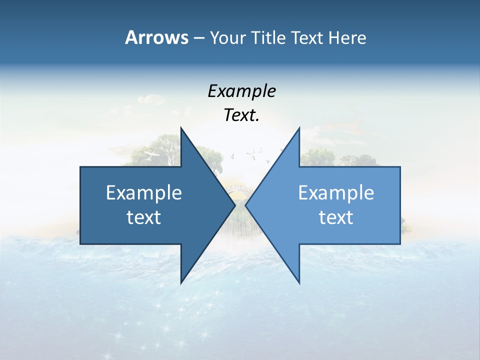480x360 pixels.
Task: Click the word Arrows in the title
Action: tap(156, 37)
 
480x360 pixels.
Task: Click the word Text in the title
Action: tap(307, 38)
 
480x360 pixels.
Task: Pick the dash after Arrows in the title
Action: tap(198, 38)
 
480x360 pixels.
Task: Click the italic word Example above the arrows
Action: tap(241, 91)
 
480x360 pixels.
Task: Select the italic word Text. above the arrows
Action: tap(241, 115)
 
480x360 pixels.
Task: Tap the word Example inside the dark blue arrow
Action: tap(144, 192)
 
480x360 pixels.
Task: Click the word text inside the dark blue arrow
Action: tap(144, 217)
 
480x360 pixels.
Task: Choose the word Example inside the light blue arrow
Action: tap(336, 192)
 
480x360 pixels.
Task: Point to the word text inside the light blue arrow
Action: tap(336, 217)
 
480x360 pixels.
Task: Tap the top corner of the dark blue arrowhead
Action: tap(181, 128)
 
